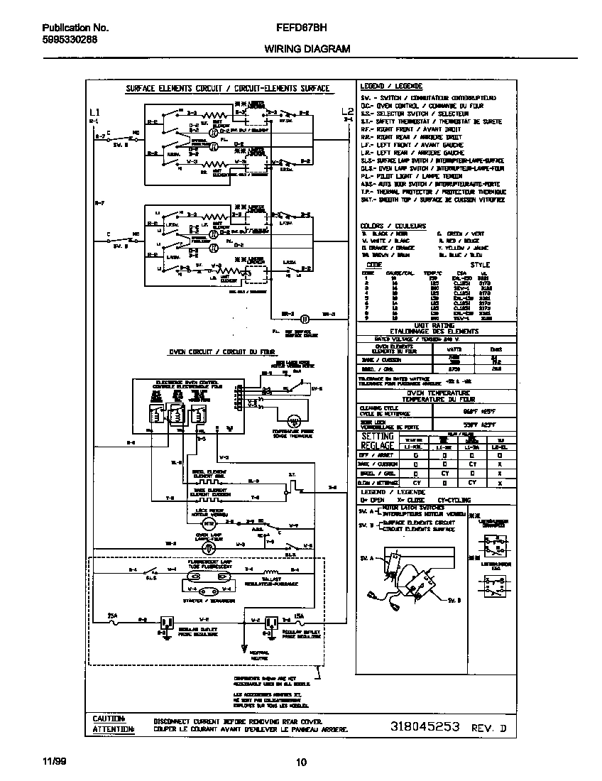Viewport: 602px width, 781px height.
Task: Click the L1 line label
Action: click(95, 112)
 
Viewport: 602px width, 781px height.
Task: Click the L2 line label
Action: click(347, 111)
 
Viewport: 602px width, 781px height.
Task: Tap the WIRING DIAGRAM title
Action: click(307, 49)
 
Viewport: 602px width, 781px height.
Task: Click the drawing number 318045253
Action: click(425, 727)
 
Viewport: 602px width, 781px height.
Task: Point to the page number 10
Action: click(301, 763)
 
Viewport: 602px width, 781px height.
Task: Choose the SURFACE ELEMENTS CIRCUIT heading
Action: click(227, 89)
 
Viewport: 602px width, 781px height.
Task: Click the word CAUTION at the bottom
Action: click(109, 719)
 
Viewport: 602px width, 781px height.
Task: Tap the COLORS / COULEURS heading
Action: click(393, 226)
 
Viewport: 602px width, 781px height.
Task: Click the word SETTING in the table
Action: click(378, 436)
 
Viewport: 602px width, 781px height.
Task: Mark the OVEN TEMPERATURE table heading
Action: click(438, 393)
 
